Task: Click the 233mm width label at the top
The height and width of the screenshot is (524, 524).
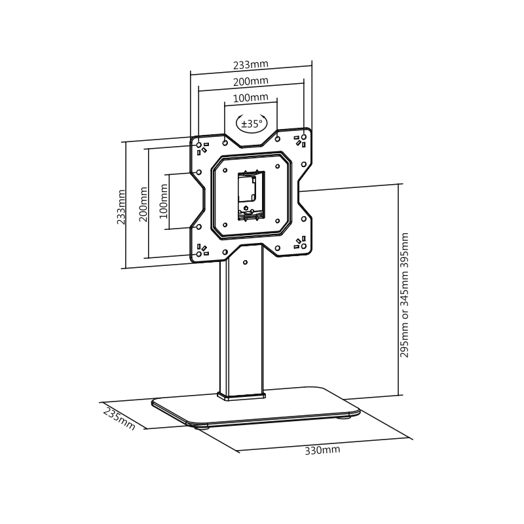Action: coord(251,65)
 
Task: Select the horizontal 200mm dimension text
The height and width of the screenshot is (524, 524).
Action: coord(251,81)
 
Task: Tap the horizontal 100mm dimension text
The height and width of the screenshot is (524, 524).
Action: coord(251,98)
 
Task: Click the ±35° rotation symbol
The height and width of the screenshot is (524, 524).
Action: coord(251,122)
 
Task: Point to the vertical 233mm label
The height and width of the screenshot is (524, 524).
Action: coord(121,207)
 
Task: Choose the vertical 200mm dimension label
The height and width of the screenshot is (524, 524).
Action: coord(143,204)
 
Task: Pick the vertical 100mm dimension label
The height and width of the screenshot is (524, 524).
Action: coord(164,200)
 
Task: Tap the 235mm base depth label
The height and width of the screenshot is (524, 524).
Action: coord(119,419)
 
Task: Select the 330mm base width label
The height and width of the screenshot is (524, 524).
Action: coord(322,450)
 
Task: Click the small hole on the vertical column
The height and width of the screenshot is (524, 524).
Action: coord(246,263)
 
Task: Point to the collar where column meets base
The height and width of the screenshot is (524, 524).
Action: coord(242,396)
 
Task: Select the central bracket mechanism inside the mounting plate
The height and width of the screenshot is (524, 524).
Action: coord(249,195)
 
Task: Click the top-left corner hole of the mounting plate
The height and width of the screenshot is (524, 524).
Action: coord(199,144)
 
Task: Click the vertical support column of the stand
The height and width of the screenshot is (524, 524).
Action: coord(242,327)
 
